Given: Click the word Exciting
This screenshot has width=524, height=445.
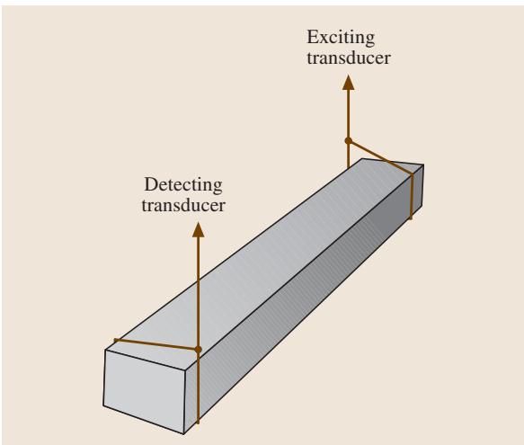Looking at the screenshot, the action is (341, 38).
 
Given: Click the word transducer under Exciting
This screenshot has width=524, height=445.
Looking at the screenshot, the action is (349, 58).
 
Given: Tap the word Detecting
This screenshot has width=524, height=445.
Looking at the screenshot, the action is (183, 185).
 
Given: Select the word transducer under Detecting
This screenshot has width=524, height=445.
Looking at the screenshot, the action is (183, 205).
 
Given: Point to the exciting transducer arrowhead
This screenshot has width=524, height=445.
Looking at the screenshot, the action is (348, 83).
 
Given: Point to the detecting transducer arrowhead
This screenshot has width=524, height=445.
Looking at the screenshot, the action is (198, 230).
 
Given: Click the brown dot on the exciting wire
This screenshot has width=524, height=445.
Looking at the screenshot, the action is (348, 141).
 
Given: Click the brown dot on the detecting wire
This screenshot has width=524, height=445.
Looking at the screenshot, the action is (198, 350).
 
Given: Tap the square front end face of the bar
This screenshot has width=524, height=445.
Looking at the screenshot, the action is (145, 391).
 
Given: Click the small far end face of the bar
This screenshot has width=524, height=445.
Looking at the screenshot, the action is (417, 191).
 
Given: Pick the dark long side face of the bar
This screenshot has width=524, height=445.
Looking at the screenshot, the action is (301, 301).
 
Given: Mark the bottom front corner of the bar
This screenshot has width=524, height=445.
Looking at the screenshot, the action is (183, 434).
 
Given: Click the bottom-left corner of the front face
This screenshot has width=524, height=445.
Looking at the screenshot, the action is (103, 405).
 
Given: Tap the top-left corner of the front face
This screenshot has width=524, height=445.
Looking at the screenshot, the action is (105, 350).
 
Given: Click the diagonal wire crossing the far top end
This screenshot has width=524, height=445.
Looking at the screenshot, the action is (380, 157).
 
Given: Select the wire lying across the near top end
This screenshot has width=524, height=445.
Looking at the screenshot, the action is (156, 344).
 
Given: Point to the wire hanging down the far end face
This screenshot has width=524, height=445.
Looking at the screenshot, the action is (412, 197).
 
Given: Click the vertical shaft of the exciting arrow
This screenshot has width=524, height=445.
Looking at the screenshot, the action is (348, 129).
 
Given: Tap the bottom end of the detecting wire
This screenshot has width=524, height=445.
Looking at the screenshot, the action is (198, 423).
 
